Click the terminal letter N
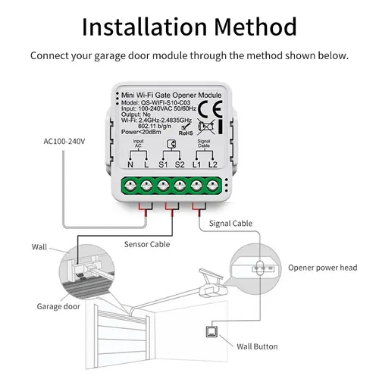click(x=130, y=164)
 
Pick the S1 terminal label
click(x=163, y=164)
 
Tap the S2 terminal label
click(x=180, y=164)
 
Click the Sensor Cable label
click(x=147, y=244)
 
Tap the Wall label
click(x=39, y=247)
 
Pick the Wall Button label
click(x=257, y=346)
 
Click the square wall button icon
click(x=209, y=330)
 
